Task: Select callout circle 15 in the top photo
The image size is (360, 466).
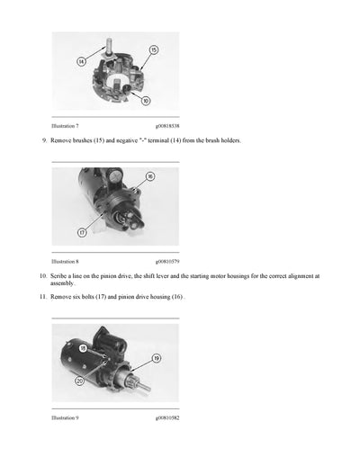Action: click(x=154, y=49)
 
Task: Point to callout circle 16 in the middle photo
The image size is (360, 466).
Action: click(x=149, y=177)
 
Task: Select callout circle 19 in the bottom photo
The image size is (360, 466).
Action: click(x=156, y=358)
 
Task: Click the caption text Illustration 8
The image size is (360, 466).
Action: click(x=67, y=261)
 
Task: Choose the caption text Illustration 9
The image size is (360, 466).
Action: click(x=67, y=417)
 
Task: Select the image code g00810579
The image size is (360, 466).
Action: click(x=166, y=261)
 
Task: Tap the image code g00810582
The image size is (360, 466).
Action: click(x=166, y=417)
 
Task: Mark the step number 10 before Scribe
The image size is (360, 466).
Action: click(x=41, y=276)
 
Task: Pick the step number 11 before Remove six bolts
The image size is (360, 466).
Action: click(x=41, y=296)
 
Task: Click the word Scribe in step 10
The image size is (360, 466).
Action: click(x=61, y=276)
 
